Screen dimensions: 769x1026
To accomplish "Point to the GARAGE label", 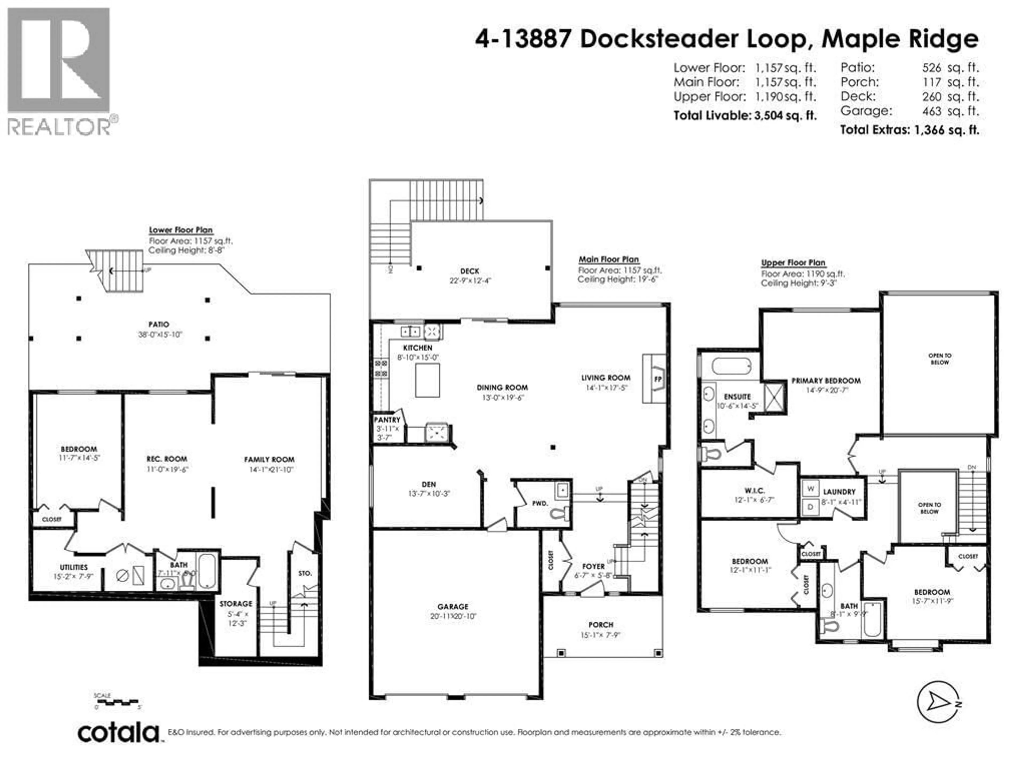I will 453,606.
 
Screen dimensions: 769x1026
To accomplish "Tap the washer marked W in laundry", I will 810,489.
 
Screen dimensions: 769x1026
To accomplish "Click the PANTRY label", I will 387,419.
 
